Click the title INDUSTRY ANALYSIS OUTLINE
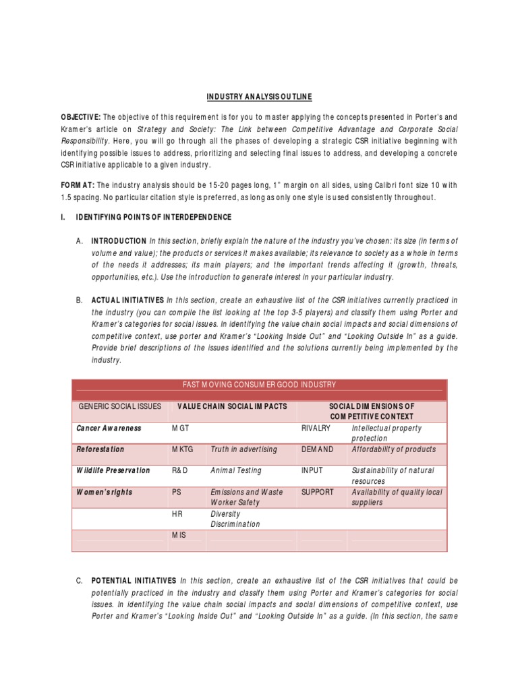(x=259, y=97)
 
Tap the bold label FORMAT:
(x=78, y=185)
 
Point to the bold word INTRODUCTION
(x=119, y=241)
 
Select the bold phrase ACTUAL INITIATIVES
(x=127, y=300)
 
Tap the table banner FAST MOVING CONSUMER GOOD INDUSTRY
(x=259, y=384)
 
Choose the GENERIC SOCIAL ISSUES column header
(x=120, y=406)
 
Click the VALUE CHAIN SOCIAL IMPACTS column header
(x=232, y=406)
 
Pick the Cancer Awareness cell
(x=109, y=428)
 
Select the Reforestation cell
(x=100, y=449)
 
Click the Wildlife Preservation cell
(x=113, y=470)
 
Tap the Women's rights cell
(x=105, y=492)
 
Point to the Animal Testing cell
(x=236, y=470)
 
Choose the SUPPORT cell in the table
(x=317, y=492)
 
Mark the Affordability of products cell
(x=393, y=449)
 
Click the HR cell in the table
(x=177, y=513)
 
